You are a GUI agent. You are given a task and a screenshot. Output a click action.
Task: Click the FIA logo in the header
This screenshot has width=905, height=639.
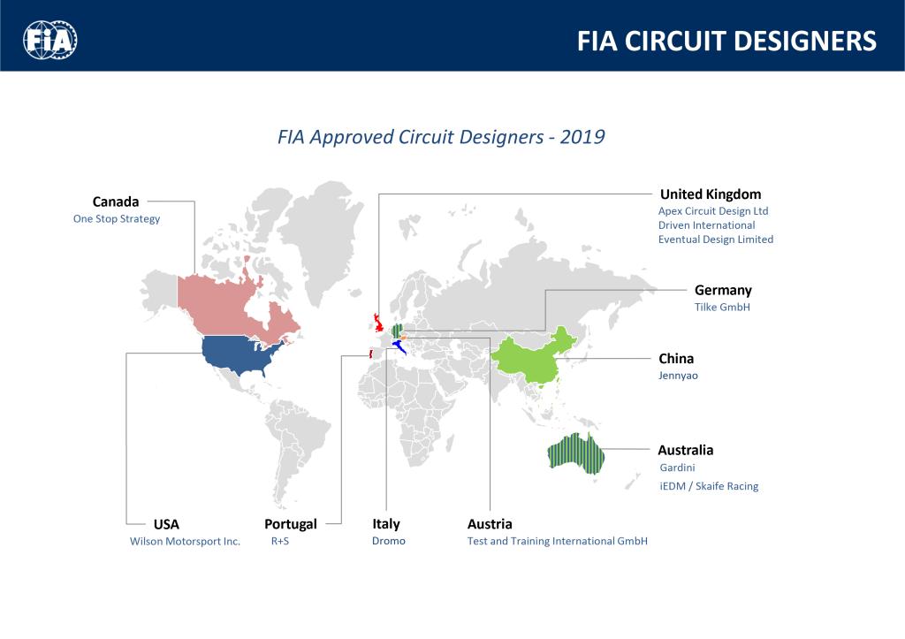pos(50,40)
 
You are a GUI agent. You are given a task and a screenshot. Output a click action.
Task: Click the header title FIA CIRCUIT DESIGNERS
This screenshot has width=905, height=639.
pos(726,41)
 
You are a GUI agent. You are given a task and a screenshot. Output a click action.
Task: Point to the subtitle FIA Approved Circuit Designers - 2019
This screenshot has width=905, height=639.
pos(441,137)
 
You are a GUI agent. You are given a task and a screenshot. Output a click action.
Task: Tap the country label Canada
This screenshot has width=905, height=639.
pos(116,202)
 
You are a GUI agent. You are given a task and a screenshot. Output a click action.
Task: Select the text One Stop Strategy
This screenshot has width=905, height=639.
pos(117,219)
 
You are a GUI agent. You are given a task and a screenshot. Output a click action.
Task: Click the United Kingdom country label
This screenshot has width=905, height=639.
pos(711,194)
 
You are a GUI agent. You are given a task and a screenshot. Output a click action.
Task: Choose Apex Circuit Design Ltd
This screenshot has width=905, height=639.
pos(713,211)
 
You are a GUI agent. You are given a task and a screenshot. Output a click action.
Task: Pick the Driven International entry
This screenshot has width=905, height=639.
pos(706,225)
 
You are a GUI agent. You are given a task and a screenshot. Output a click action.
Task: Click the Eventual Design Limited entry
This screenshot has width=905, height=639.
pos(716,240)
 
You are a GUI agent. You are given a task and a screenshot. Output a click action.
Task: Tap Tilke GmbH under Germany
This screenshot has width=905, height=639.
pos(722,307)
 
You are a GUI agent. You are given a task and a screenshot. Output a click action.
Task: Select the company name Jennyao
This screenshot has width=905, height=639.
pos(678,376)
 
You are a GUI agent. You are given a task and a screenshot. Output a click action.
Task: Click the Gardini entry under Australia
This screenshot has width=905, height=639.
pos(677,468)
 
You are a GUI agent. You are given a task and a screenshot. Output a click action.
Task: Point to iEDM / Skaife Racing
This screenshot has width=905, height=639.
pos(709,486)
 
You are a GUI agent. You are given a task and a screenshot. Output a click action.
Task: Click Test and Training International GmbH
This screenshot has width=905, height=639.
pos(558,541)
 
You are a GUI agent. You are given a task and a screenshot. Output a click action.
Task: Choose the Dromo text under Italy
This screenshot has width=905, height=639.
pos(389,541)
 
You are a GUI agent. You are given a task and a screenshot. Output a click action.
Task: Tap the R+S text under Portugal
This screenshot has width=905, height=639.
pos(280,541)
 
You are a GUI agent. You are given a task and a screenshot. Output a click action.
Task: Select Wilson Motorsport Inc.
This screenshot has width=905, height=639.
pos(185,542)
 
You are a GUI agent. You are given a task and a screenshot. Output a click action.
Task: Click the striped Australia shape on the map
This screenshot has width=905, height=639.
pos(575,453)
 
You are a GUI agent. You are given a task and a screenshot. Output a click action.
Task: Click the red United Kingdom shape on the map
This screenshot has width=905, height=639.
pos(378,323)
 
